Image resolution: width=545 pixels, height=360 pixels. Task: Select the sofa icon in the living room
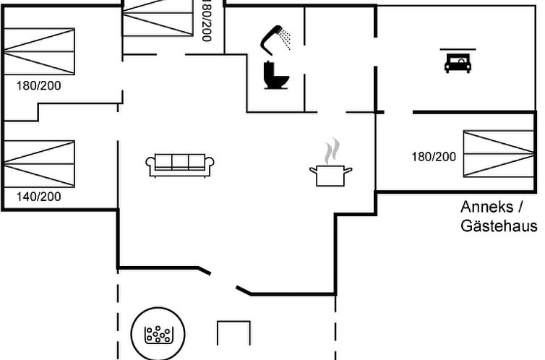tap(180, 165)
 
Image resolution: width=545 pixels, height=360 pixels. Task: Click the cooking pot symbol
tap(330, 176)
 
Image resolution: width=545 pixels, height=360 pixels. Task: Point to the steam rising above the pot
tap(332, 151)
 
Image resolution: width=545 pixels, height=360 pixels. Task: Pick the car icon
tap(458, 64)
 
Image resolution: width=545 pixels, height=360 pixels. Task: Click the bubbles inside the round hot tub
tap(158, 335)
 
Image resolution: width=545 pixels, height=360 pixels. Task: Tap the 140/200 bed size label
tap(38, 197)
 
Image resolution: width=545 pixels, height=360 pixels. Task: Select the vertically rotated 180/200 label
tap(207, 21)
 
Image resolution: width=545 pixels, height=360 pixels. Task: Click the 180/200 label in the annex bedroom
tap(434, 157)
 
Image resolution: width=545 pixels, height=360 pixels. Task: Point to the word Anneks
tap(487, 207)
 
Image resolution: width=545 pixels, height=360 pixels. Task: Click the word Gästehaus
tap(499, 226)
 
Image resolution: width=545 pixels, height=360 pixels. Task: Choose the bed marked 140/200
tap(39, 164)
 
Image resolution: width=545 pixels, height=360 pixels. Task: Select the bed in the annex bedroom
tap(499, 153)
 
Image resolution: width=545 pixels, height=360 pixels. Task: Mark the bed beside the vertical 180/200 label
tap(158, 17)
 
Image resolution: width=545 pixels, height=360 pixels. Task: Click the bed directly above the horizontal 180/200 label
tap(39, 51)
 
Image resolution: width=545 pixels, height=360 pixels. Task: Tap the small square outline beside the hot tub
tap(233, 322)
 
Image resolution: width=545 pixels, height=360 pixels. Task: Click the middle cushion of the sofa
tap(180, 162)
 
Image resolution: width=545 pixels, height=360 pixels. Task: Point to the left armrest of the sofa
tap(150, 166)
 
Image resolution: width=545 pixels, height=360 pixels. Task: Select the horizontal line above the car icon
tap(458, 49)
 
